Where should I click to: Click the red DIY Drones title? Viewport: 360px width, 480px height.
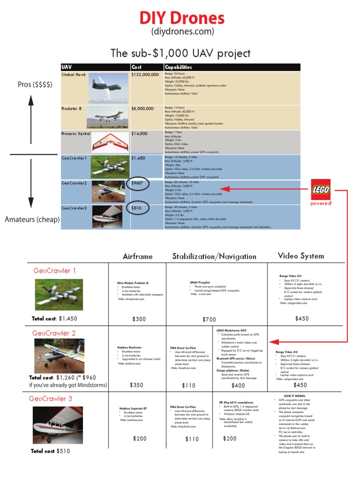click(182, 18)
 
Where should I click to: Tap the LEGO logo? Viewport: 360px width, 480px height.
click(321, 189)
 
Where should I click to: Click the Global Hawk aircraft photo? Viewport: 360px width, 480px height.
click(108, 88)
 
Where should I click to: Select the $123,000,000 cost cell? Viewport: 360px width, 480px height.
click(145, 75)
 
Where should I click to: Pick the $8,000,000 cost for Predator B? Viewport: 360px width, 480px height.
click(142, 109)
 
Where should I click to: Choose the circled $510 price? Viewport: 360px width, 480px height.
click(138, 208)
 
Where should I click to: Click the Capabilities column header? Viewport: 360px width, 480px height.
click(178, 67)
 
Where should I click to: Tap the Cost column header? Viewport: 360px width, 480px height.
click(136, 67)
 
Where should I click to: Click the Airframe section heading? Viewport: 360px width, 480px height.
click(138, 256)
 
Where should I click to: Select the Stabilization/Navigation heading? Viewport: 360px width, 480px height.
click(214, 256)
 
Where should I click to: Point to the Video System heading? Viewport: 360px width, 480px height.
click(300, 255)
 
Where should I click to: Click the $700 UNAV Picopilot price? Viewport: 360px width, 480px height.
click(209, 320)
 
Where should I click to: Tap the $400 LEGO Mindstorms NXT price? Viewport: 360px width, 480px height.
click(238, 386)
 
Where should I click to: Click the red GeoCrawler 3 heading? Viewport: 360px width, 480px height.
click(51, 399)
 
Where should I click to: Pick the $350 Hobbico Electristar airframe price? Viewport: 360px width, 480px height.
click(136, 385)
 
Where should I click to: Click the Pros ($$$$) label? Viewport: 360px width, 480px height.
click(35, 84)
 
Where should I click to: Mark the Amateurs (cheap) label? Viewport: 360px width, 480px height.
click(32, 219)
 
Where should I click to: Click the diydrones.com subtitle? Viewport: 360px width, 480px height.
click(182, 32)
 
